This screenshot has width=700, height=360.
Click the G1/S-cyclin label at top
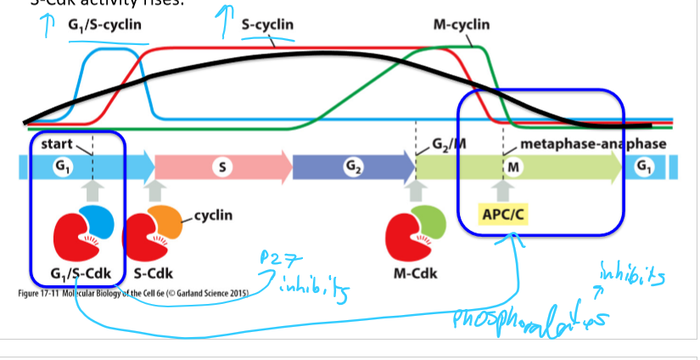click(104, 26)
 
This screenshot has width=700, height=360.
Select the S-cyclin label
click(267, 25)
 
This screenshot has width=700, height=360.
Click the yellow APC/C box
click(505, 214)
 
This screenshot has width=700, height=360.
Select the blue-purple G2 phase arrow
click(350, 167)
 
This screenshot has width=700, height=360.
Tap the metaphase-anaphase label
click(592, 143)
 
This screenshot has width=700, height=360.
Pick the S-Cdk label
click(154, 274)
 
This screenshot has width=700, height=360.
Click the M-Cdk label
click(416, 274)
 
